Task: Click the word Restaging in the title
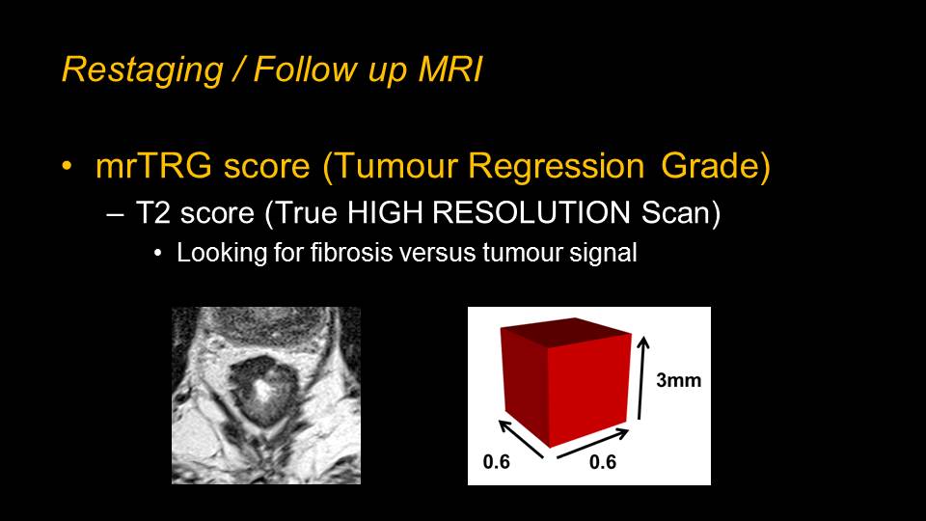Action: point(143,70)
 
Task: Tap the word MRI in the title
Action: point(450,69)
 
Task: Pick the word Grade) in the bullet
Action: point(716,166)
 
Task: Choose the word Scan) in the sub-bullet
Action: point(681,213)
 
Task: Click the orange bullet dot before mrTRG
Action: point(68,166)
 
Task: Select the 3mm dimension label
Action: point(678,380)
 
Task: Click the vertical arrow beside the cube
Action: point(642,378)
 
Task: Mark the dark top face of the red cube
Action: point(566,333)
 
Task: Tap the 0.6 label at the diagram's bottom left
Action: point(496,461)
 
